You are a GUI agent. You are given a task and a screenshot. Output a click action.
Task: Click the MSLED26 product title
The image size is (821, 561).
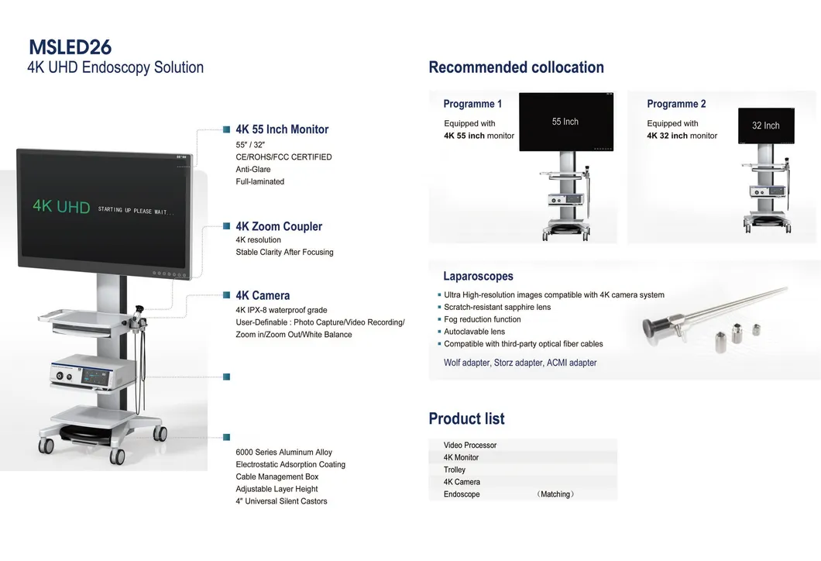click(x=70, y=46)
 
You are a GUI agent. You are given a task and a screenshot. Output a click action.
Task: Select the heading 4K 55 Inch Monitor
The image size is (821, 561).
click(x=282, y=129)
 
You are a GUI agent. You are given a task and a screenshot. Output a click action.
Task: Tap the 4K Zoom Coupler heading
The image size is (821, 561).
click(x=279, y=226)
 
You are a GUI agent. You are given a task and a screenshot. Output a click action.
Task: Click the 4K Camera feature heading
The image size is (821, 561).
click(x=263, y=295)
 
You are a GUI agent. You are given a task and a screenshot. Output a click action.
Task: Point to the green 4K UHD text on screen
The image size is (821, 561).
click(x=61, y=208)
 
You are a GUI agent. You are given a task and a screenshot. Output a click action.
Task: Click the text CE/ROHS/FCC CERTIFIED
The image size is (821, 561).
click(x=283, y=157)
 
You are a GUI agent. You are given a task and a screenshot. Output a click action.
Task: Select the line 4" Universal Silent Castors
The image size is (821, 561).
click(x=281, y=501)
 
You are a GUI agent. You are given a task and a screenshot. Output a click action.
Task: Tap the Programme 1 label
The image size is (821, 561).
click(x=472, y=104)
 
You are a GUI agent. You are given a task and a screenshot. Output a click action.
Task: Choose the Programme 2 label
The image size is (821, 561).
click(x=676, y=104)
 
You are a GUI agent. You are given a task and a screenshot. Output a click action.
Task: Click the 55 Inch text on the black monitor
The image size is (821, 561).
click(x=565, y=122)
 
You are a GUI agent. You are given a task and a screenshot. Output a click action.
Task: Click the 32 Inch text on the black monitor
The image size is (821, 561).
click(x=766, y=126)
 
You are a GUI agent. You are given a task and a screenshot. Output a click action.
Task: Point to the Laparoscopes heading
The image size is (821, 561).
click(x=478, y=276)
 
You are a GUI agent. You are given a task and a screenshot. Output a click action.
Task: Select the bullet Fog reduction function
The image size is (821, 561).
click(x=482, y=319)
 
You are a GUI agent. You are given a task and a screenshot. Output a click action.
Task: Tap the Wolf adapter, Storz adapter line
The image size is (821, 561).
click(x=520, y=363)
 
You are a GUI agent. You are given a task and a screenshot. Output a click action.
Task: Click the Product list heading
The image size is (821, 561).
click(x=466, y=418)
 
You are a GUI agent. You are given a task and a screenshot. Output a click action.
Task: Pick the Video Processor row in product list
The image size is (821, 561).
click(x=470, y=446)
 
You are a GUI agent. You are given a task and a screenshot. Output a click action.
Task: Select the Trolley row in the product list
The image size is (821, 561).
click(x=455, y=470)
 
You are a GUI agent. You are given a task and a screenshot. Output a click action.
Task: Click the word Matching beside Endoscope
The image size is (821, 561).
click(x=555, y=494)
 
